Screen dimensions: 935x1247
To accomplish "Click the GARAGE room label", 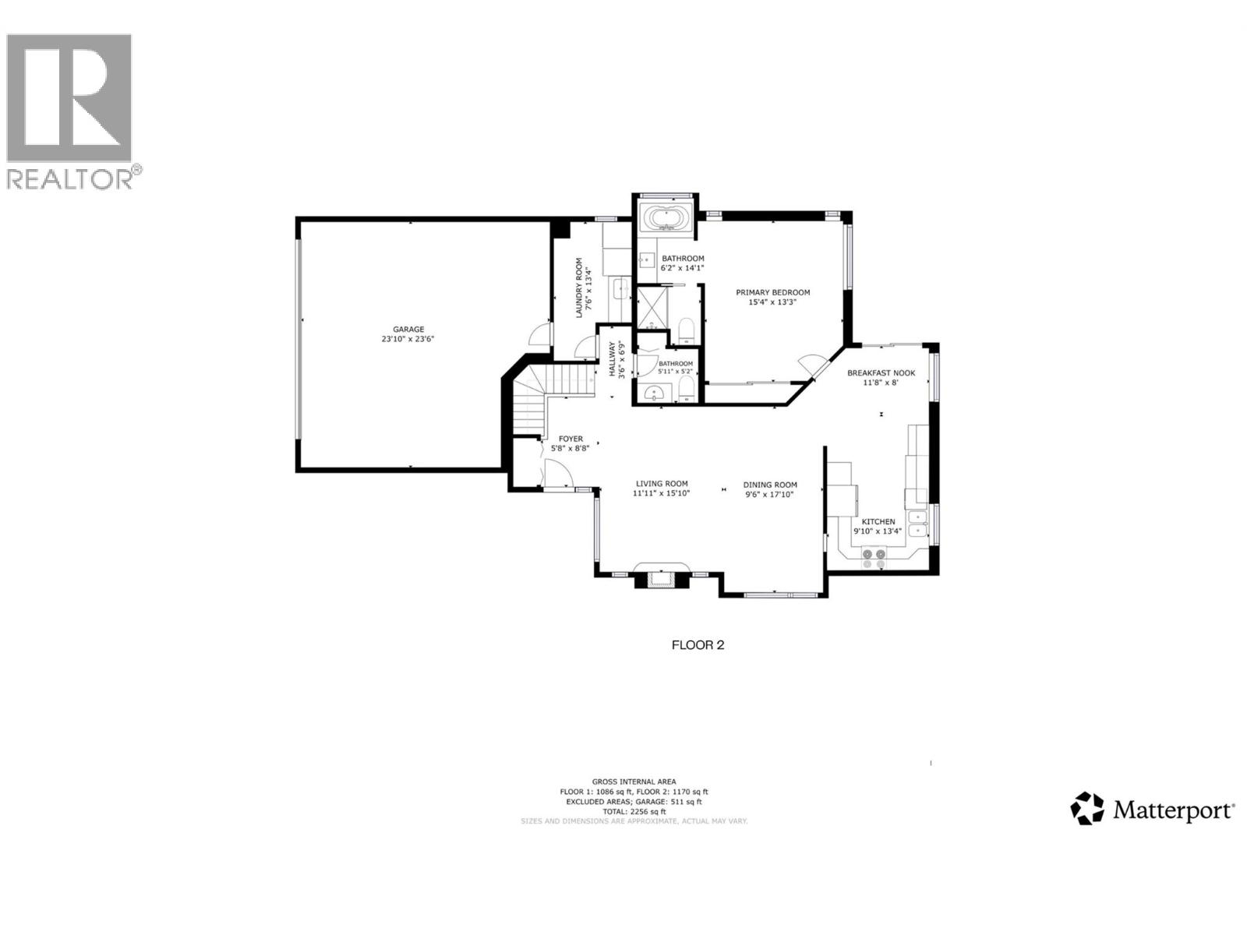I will pyautogui.click(x=408, y=330).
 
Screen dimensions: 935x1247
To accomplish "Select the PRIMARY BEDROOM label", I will pyautogui.click(x=772, y=293).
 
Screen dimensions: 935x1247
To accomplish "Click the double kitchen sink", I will pyautogui.click(x=919, y=523).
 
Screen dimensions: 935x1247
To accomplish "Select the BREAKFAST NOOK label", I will pyautogui.click(x=881, y=372).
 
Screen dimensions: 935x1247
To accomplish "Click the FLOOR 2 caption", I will pyautogui.click(x=698, y=645).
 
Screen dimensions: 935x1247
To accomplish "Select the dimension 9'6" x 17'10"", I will pyautogui.click(x=769, y=494).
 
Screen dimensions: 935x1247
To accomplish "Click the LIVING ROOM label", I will pyautogui.click(x=661, y=484).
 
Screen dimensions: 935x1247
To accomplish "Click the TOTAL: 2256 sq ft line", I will pyautogui.click(x=634, y=811).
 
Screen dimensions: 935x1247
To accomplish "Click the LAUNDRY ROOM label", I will pyautogui.click(x=579, y=288).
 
